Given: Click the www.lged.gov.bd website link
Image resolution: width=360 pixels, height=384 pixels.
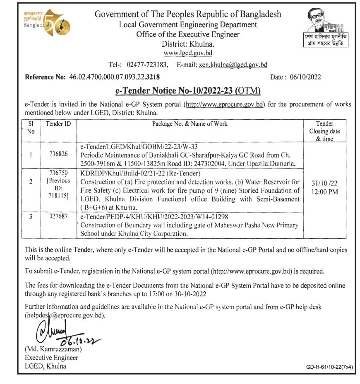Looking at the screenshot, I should point(188,53).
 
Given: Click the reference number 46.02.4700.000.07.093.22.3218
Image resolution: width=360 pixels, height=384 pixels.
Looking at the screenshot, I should point(114,77).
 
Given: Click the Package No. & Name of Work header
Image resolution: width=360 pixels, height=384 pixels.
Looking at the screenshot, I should point(190,124).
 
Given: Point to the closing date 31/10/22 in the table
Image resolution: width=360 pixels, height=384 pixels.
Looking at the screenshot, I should point(324,182).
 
